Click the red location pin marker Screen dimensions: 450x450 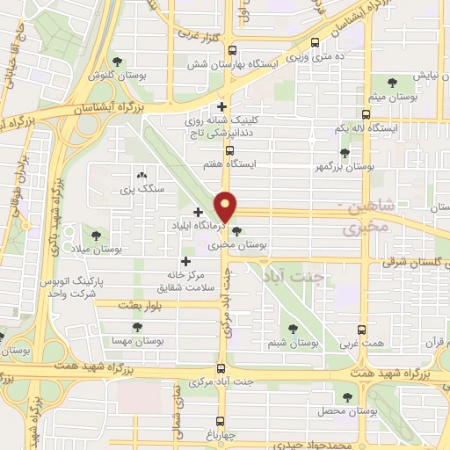point(227,206)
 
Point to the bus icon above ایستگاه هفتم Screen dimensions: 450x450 point(229,150)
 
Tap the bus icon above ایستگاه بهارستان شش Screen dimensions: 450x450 point(232,51)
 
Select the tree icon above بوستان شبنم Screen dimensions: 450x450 point(293,330)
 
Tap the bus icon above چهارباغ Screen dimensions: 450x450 point(220,420)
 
